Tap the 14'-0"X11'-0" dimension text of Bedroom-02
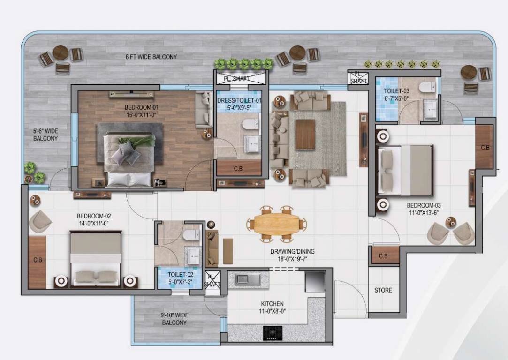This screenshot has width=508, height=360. (94, 224)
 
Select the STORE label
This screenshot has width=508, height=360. (383, 290)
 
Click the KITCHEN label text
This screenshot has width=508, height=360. (272, 304)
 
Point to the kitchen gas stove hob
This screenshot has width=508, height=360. (272, 333)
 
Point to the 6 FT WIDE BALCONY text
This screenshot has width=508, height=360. (151, 57)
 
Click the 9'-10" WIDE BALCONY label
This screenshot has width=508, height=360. (174, 319)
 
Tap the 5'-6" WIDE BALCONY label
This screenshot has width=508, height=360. (45, 135)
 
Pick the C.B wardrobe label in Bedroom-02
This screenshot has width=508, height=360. (38, 260)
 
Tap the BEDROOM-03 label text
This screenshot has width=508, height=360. (424, 205)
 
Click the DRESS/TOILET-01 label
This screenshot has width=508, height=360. (239, 100)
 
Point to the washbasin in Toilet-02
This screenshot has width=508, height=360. (193, 255)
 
